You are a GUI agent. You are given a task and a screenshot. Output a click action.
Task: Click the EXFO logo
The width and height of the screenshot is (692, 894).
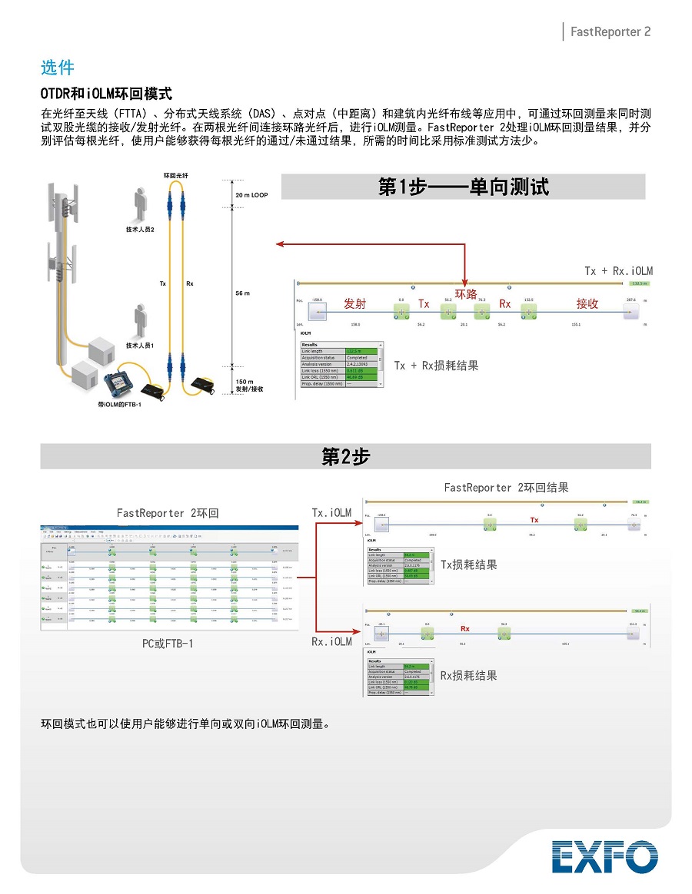604,856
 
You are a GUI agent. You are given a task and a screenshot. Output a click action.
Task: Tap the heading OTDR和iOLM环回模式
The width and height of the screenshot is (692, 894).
105,94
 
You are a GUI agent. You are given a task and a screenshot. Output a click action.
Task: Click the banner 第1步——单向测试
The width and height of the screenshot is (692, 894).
463,187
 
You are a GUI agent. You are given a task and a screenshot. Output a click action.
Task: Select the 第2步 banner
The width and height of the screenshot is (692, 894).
345,457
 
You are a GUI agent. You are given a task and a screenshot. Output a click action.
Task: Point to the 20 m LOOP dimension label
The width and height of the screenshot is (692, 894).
251,196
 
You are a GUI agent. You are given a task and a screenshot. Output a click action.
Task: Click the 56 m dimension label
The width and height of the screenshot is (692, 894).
243,293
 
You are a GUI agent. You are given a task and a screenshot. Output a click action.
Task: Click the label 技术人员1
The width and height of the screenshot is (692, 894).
141,346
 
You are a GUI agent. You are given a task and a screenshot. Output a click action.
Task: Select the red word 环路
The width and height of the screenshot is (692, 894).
466,294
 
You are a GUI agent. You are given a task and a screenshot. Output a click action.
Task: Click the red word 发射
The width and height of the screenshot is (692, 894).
354,303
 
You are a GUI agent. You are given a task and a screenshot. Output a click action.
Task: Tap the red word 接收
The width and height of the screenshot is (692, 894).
587,303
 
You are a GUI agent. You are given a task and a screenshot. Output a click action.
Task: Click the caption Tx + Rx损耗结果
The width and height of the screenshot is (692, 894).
436,366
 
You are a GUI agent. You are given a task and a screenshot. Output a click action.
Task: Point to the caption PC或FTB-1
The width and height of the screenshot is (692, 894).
168,643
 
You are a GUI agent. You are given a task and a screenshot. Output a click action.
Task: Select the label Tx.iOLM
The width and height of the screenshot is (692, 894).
331,512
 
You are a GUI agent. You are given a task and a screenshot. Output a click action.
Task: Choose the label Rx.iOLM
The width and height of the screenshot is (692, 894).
331,641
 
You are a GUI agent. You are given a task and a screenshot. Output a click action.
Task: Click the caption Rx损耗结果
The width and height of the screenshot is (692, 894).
468,675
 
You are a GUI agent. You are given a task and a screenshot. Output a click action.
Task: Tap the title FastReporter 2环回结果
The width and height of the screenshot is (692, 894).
506,488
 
